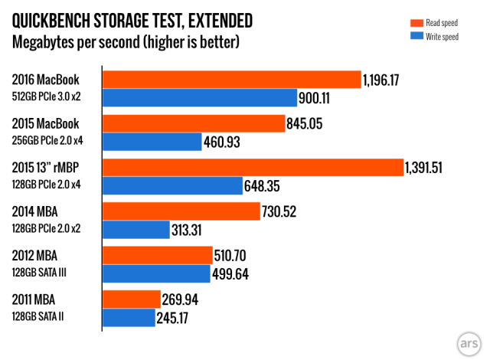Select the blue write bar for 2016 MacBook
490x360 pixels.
[200, 98]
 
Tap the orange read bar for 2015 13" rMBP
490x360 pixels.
[253, 168]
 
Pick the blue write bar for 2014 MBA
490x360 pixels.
[136, 230]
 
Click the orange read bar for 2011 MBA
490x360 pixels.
[132, 299]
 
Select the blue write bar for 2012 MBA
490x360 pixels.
[157, 274]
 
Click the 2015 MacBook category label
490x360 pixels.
[46, 123]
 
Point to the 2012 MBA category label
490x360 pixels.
[36, 255]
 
